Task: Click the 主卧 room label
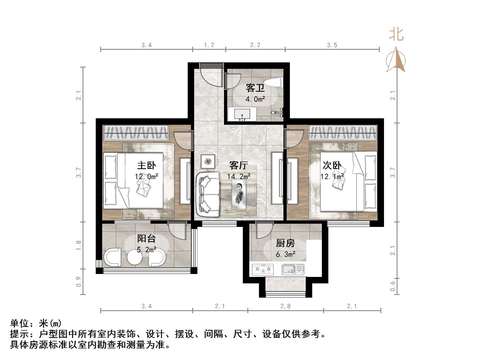[146, 165]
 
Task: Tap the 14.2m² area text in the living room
[239, 177]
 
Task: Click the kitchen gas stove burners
[263, 269]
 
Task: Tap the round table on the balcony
[134, 258]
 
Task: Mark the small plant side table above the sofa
[208, 162]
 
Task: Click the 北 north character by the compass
[396, 35]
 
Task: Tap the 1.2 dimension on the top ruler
[209, 45]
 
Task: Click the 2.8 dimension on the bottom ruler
[285, 306]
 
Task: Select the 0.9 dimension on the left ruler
[79, 282]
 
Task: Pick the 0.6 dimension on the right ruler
[393, 286]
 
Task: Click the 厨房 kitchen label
[285, 243]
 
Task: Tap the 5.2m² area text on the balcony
[147, 250]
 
